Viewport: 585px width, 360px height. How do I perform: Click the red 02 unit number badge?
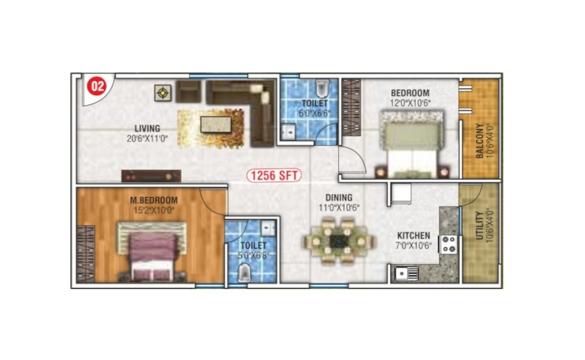[x=97, y=86]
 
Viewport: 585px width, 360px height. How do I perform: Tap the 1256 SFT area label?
[x=275, y=175]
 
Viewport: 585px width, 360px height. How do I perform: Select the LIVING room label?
[x=147, y=129]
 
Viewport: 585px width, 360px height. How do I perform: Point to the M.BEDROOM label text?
[x=154, y=200]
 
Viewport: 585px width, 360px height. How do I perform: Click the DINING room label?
[x=339, y=198]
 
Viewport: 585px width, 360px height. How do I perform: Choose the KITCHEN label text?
[x=413, y=235]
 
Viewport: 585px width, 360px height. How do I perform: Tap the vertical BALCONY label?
[x=479, y=142]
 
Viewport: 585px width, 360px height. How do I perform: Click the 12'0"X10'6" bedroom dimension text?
[x=410, y=102]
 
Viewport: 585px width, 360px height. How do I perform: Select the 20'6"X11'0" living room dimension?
[x=147, y=138]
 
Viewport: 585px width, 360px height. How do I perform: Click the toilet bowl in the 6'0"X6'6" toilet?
[x=323, y=87]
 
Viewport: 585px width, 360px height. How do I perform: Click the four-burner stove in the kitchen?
[x=450, y=244]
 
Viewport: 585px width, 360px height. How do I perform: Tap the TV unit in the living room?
[x=151, y=176]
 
